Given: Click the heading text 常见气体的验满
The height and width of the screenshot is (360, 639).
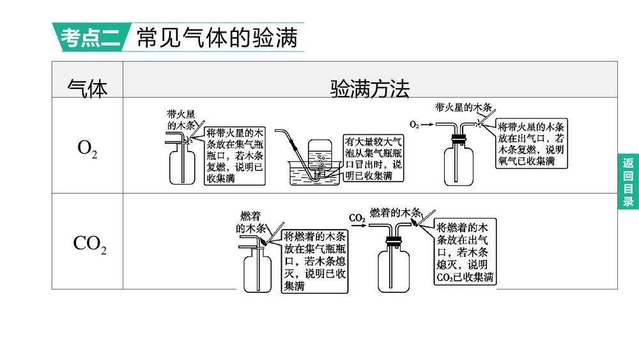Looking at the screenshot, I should (x=217, y=38).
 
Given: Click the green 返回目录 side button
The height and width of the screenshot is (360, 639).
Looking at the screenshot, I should (x=627, y=182).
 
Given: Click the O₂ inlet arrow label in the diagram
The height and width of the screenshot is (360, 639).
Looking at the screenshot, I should (x=413, y=125).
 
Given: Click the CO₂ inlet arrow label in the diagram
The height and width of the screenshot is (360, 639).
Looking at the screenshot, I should (x=357, y=218).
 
